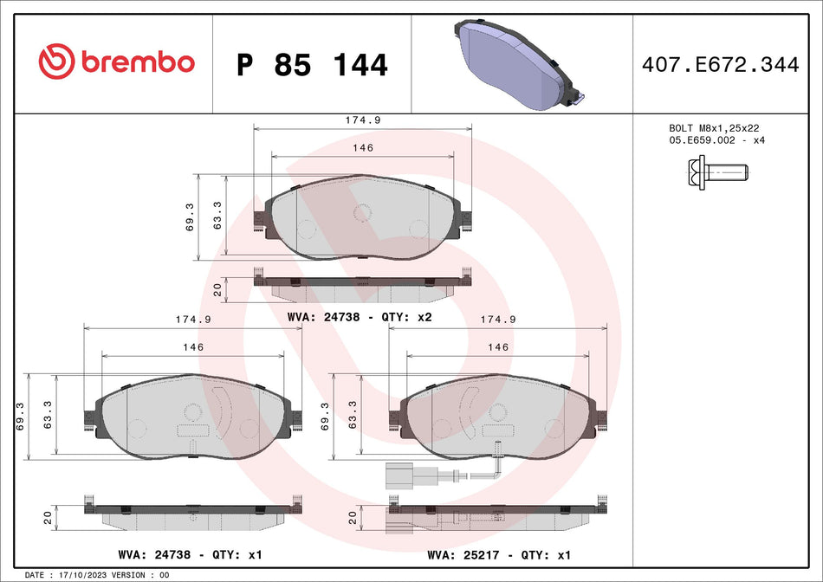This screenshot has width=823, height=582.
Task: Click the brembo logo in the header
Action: point(116,62)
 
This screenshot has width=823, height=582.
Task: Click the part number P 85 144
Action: point(312,65)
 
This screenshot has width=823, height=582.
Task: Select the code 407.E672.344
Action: point(720,64)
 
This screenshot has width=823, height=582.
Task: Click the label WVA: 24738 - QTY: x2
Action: point(359,317)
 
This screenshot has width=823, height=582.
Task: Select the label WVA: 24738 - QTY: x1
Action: point(190,553)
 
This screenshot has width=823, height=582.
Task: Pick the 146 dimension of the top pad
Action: point(362,148)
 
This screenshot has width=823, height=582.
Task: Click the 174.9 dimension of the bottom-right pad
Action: point(497,320)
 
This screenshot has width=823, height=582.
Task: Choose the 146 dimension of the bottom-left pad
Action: point(192,346)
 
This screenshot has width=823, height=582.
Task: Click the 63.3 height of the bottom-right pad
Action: point(353,416)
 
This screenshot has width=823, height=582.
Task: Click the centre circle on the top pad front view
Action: point(362,211)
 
